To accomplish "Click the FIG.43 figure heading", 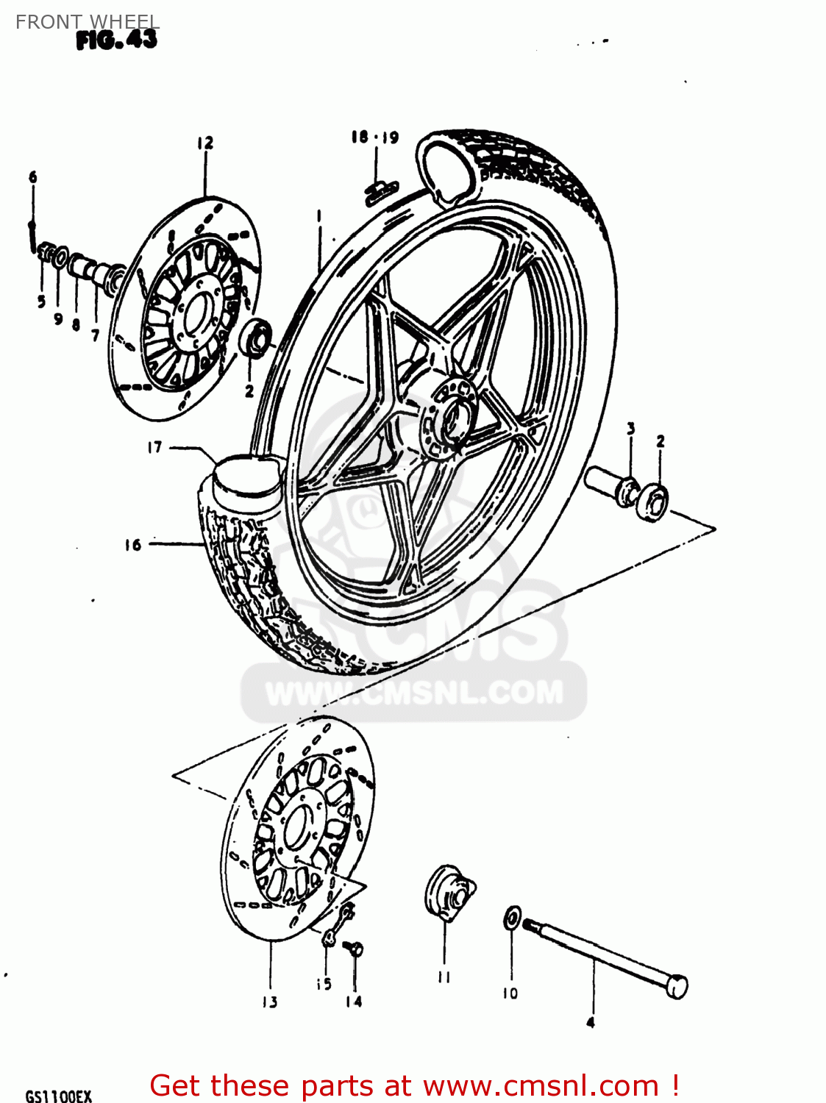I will pyautogui.click(x=116, y=40).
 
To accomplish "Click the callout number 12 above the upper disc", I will pyautogui.click(x=204, y=143).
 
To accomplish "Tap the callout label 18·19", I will pyautogui.click(x=374, y=138).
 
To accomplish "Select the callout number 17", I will pyautogui.click(x=154, y=447).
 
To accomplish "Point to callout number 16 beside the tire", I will pyautogui.click(x=132, y=545).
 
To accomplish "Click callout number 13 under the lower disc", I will pyautogui.click(x=270, y=1002).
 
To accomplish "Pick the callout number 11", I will pyautogui.click(x=444, y=977).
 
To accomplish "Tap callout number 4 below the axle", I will pyautogui.click(x=590, y=1022).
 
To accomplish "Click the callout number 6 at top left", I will pyautogui.click(x=32, y=177).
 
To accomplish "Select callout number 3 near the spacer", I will pyautogui.click(x=630, y=428).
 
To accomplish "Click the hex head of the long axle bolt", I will pyautogui.click(x=677, y=987).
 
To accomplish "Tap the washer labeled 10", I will pyautogui.click(x=512, y=918).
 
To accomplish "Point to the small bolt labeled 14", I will pyautogui.click(x=355, y=949).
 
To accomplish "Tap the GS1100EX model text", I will pyautogui.click(x=59, y=1096).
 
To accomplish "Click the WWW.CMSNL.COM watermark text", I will pyautogui.click(x=414, y=693).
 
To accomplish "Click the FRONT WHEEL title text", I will pyautogui.click(x=88, y=22).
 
